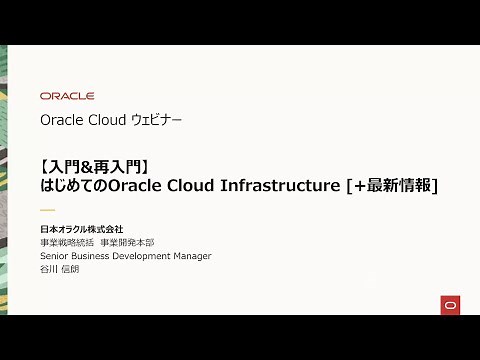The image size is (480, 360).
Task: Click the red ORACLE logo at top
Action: click(67, 96)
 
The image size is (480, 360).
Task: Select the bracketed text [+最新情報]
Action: click(400, 185)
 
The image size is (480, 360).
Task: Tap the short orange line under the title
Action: click(47, 210)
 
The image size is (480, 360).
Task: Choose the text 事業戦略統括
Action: click(67, 243)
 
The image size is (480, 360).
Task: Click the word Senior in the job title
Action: click(56, 256)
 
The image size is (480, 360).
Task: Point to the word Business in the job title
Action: click(92, 256)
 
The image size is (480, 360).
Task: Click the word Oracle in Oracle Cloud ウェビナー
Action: click(60, 121)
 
